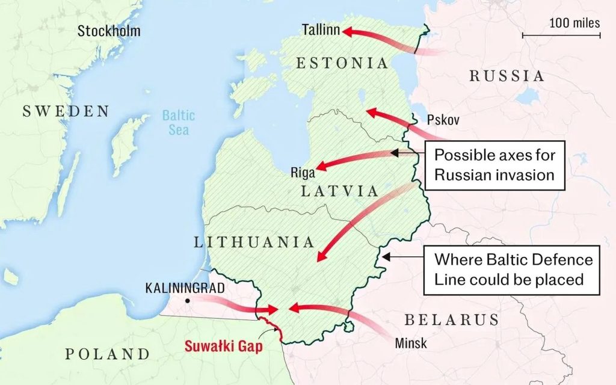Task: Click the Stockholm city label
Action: [109, 31]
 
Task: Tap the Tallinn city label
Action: [321, 29]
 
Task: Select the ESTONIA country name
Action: [342, 63]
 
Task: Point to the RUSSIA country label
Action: [507, 76]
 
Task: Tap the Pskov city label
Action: [443, 120]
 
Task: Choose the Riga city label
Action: [303, 173]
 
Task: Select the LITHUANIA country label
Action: [254, 242]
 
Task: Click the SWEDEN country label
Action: [66, 111]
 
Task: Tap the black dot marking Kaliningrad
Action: [188, 300]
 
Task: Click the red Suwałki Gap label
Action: [224, 346]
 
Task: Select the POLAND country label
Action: [107, 354]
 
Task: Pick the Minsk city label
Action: [411, 343]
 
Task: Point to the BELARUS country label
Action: [451, 319]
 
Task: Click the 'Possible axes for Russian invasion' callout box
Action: [494, 165]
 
